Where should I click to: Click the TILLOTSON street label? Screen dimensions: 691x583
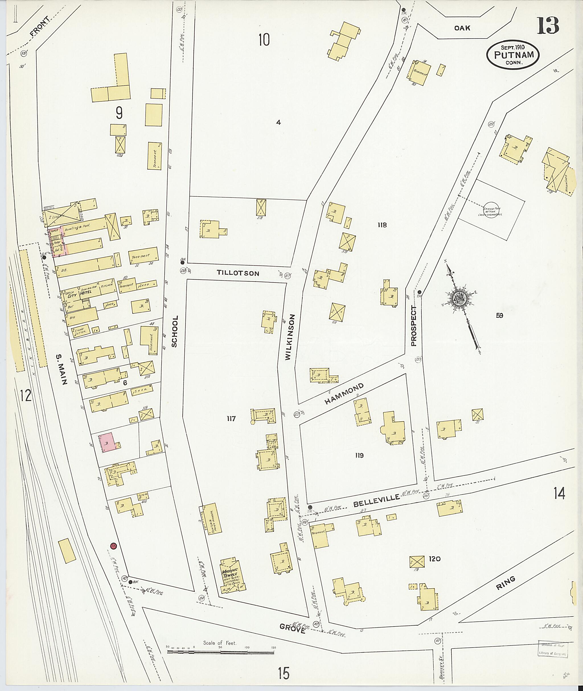[x=238, y=273]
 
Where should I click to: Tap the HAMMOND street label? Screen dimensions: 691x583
[x=344, y=394]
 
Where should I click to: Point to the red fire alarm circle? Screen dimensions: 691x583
[x=113, y=545]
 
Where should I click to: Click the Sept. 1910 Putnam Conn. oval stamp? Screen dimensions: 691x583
[x=513, y=55]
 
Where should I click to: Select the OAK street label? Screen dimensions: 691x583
[x=462, y=28]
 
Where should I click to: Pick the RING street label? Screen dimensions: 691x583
[x=506, y=583]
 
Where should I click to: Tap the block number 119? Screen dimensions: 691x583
[x=359, y=455]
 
